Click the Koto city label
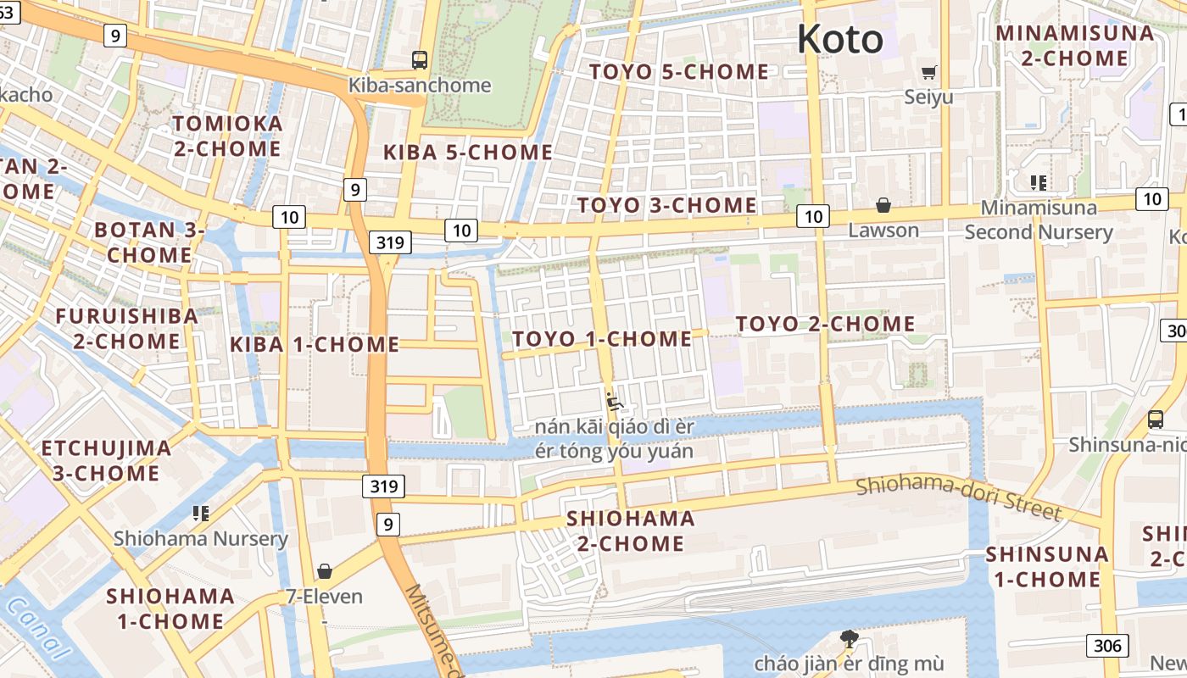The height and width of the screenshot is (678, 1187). [839, 39]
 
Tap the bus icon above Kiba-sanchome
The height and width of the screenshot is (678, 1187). [420, 60]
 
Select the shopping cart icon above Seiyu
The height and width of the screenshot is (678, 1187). [929, 72]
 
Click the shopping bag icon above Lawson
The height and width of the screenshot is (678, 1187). [883, 205]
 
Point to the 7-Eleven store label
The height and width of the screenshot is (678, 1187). [324, 597]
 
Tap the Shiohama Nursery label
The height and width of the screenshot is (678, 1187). [201, 538]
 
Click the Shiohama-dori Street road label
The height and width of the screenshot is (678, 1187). [958, 498]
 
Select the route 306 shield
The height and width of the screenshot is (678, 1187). [1106, 645]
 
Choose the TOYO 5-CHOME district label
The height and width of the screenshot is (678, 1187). [679, 72]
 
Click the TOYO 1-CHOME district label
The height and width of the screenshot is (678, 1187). [602, 339]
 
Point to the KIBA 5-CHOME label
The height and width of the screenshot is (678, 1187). [468, 153]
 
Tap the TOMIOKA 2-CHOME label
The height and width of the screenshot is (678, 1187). [227, 136]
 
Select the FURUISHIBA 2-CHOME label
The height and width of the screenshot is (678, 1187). [126, 329]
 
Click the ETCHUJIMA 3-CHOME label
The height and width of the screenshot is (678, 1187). [106, 460]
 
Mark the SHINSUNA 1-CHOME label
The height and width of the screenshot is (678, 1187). [1046, 567]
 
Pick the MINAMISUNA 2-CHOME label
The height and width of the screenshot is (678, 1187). [1074, 46]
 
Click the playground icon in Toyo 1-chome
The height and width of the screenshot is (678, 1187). [615, 400]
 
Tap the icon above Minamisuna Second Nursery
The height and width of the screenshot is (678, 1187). [1038, 182]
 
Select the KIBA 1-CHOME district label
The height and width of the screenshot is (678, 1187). [315, 345]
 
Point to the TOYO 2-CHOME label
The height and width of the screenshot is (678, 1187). [825, 324]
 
